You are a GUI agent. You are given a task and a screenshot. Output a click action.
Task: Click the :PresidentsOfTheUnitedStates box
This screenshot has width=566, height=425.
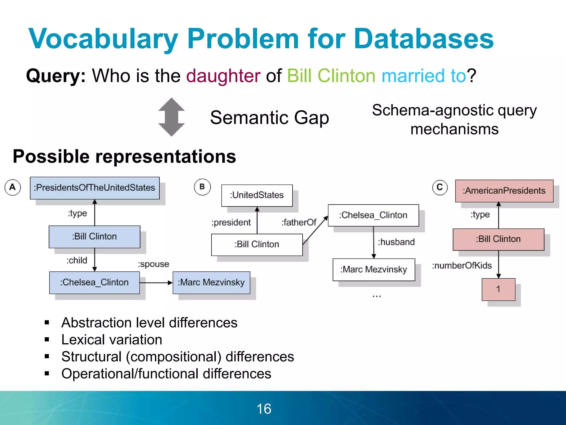tap(95, 188)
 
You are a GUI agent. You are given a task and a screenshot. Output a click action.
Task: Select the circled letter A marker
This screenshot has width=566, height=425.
tap(12, 187)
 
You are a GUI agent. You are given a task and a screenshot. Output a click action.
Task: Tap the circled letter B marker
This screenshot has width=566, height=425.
tap(202, 187)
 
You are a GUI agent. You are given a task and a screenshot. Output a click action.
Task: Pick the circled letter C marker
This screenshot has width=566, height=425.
tap(440, 187)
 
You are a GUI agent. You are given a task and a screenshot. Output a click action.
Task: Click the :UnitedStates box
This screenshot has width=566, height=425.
tap(257, 195)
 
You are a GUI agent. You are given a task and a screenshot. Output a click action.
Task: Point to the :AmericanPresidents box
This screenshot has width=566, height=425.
tap(504, 191)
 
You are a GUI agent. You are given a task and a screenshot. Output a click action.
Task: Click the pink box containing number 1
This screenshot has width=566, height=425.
tap(498, 289)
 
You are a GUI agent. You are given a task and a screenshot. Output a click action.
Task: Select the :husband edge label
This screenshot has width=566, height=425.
tap(396, 242)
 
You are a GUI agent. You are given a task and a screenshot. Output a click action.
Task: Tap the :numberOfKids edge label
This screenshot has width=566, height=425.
tap(462, 266)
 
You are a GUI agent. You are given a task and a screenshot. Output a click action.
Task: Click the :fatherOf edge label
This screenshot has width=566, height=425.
tap(299, 222)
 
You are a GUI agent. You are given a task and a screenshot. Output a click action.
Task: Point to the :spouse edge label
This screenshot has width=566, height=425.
tap(153, 264)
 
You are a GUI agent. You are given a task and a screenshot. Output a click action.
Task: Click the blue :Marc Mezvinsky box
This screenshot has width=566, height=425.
tap(211, 283)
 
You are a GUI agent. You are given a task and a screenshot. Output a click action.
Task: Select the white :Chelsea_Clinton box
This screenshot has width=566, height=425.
tap(373, 215)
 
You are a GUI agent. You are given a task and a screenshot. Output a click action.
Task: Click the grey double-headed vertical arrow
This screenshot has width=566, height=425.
tap(171, 117)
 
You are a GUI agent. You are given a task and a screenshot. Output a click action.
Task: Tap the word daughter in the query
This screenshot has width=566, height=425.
tap(223, 76)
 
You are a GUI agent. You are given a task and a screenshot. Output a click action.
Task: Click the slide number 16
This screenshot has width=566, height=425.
tap(264, 409)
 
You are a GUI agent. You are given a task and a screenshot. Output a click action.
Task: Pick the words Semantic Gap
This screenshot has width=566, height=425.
tap(269, 118)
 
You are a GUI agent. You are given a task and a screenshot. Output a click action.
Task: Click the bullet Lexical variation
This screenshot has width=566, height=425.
tap(112, 340)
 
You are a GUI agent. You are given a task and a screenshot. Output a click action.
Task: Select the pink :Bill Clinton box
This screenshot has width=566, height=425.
tap(498, 239)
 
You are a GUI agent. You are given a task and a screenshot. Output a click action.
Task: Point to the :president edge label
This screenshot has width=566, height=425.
tap(231, 222)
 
